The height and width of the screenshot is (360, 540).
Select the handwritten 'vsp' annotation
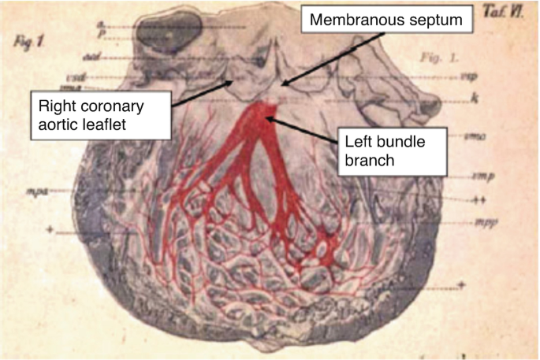[x=466, y=77]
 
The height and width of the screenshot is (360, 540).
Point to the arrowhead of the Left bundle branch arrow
[x=268, y=118]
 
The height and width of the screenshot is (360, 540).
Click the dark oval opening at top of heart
[x=169, y=30]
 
